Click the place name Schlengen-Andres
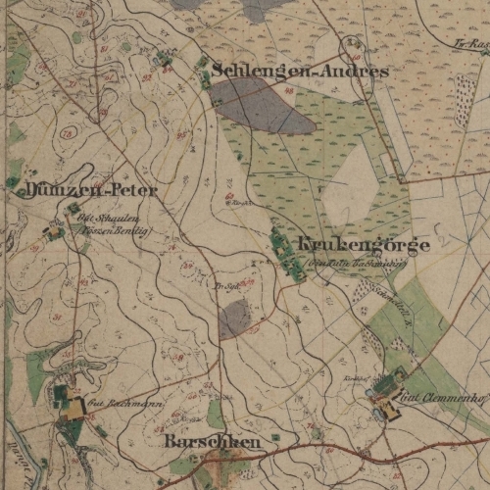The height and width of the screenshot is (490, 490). (300, 72)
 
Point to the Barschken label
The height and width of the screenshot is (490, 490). (213, 443)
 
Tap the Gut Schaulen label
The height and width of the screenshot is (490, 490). (116, 219)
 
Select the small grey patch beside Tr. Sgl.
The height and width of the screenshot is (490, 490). (234, 318)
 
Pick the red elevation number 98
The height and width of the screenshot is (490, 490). (288, 91)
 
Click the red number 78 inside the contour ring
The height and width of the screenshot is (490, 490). (68, 132)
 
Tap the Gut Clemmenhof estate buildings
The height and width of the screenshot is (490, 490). (385, 400)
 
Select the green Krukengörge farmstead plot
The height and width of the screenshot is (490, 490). (287, 253)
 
